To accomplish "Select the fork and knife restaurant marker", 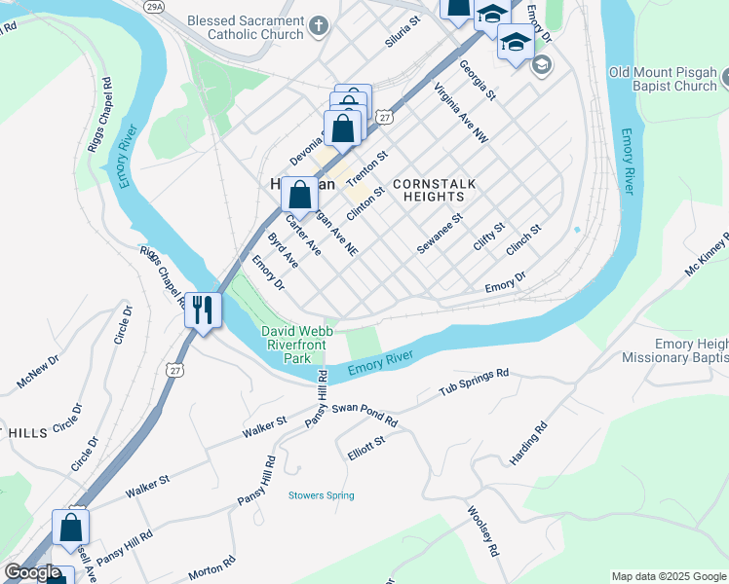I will (203, 310).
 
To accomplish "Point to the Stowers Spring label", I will (321, 495).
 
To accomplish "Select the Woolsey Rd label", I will (482, 530).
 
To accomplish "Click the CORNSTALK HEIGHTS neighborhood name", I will (429, 190).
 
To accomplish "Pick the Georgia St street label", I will (478, 81).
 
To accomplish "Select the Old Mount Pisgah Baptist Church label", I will (662, 79).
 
